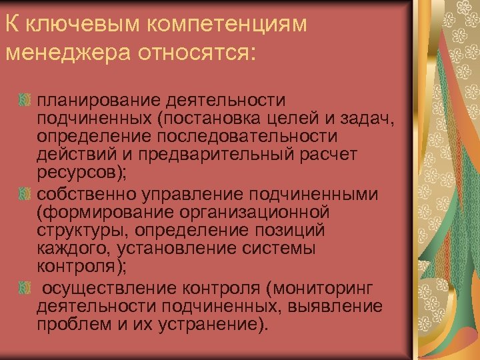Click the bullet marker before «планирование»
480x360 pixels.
[25, 100]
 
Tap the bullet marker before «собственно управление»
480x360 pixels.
[25, 194]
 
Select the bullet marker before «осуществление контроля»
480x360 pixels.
[25, 288]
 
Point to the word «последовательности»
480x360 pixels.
[247, 136]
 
